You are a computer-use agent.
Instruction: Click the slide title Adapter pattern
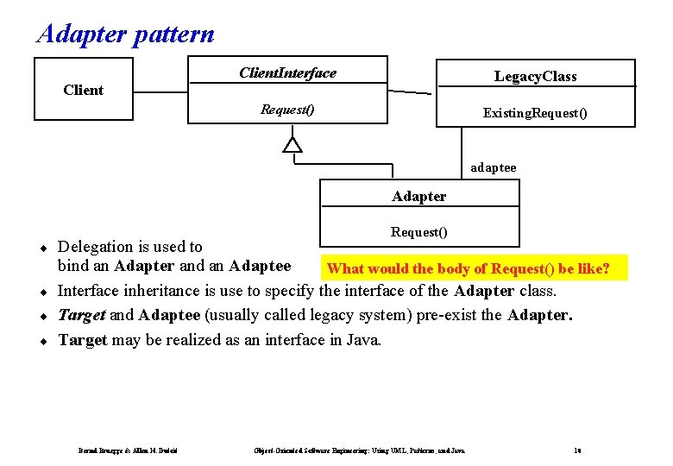point(125,34)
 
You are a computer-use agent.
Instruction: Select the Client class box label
point(84,90)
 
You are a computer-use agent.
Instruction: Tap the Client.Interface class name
point(287,72)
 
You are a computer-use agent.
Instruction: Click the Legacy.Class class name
point(535,76)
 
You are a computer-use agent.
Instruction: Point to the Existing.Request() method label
point(535,113)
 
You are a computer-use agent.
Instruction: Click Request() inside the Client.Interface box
point(287,110)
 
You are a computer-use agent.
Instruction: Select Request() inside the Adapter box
point(419,231)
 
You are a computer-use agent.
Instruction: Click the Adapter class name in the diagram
point(419,196)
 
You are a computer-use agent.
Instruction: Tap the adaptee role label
point(494,167)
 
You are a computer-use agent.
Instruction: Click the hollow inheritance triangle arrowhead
point(293,144)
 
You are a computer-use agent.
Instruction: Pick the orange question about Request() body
point(469,269)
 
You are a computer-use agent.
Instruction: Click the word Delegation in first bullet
point(95,247)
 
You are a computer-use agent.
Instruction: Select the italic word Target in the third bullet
point(81,315)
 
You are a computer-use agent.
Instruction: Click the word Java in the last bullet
point(362,340)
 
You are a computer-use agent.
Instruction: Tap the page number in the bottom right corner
point(577,450)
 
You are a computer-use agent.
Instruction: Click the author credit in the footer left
point(128,450)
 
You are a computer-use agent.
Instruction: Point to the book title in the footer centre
point(359,450)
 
